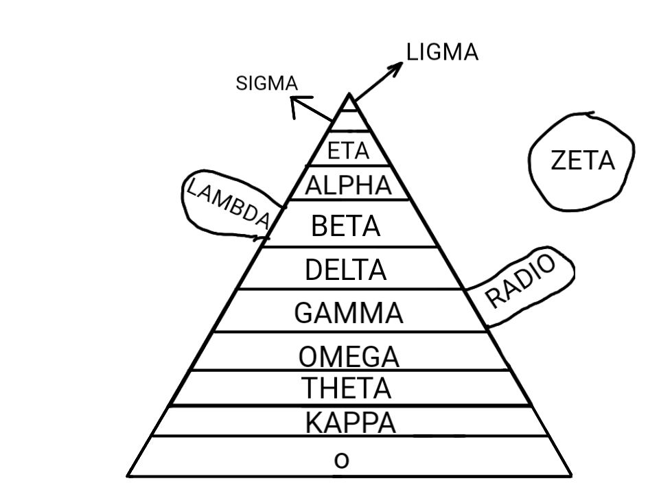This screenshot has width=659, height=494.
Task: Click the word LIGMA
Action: tap(442, 53)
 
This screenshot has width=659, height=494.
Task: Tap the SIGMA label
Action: tap(266, 84)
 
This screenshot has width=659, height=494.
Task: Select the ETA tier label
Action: tap(348, 151)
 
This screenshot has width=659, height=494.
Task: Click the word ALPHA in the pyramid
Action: tap(348, 185)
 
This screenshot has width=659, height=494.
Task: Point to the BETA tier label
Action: tap(345, 226)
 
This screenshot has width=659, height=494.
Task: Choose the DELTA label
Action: tap(345, 270)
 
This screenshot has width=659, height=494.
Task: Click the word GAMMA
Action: tap(348, 314)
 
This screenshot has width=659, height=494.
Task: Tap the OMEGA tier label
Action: tap(349, 357)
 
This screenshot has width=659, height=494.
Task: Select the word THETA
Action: tap(347, 389)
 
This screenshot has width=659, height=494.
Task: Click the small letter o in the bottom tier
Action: tap(341, 460)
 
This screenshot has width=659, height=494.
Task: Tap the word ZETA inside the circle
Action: tap(582, 161)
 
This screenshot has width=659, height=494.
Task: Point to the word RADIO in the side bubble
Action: tap(521, 282)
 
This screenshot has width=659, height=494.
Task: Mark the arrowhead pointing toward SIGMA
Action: tap(294, 103)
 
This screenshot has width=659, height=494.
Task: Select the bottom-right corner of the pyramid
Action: tap(570, 475)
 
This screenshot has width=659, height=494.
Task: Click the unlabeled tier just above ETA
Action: tap(350, 121)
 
